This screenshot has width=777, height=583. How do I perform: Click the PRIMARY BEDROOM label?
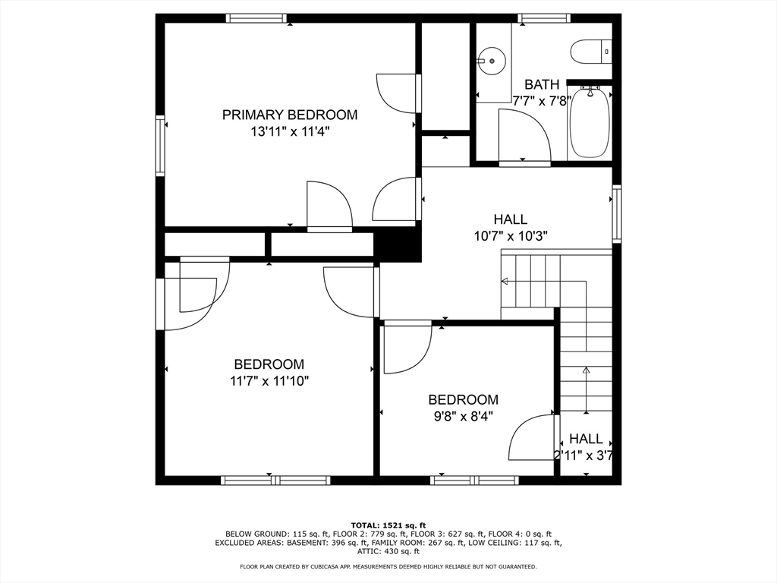tap(289, 115)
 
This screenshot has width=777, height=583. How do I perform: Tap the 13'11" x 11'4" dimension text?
tap(289, 131)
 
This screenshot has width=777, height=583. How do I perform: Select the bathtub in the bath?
tap(589, 123)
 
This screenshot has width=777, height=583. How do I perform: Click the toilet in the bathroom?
tap(590, 52)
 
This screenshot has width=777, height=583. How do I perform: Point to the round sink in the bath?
tap(492, 60)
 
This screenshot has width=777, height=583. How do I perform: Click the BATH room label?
tap(541, 84)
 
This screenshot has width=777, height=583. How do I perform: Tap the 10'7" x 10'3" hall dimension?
tap(510, 236)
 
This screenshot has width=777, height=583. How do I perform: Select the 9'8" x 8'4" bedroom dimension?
tap(463, 416)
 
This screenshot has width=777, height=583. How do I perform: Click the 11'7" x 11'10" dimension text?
tap(269, 380)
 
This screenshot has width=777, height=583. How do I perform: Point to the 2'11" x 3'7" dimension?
tap(583, 455)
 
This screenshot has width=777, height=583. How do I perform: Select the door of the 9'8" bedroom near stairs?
tap(531, 438)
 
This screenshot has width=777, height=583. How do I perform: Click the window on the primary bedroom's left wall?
tap(160, 146)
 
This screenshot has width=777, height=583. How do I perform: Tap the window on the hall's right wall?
tap(617, 214)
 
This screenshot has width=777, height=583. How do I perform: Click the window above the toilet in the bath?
tap(543, 18)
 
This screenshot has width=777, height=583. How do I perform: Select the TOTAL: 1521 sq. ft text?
tap(388, 525)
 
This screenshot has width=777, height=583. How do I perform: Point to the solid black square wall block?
tap(398, 245)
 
